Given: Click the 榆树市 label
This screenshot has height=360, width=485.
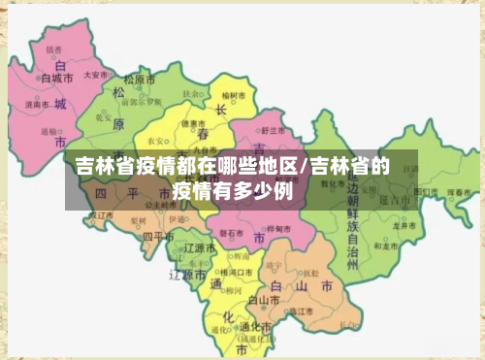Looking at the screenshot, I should (236, 95).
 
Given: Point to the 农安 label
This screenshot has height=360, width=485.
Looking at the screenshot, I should (155, 140).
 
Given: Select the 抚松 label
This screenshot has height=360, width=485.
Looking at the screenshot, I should (310, 273).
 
